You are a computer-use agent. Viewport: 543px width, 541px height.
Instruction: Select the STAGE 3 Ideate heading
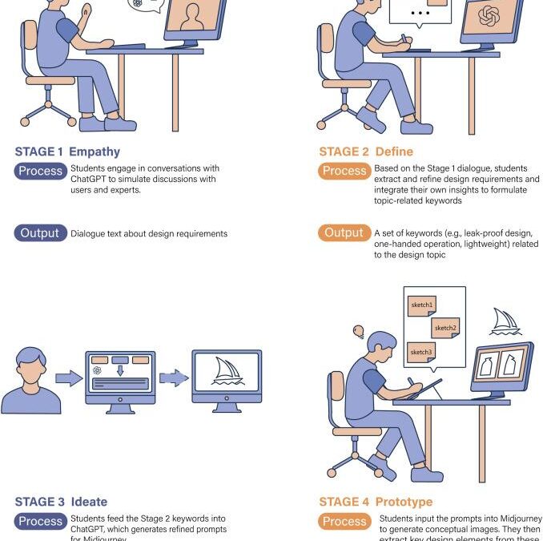pos(61,502)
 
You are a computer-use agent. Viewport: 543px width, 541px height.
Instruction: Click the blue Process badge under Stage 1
pos(40,171)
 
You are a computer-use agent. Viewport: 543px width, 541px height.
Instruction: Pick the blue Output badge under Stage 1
pos(40,233)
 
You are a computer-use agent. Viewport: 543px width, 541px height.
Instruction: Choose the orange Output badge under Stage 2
pos(344,233)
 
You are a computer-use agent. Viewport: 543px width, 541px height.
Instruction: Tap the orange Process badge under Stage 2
pos(344,171)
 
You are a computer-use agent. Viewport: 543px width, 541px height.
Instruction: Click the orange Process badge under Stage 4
pos(344,521)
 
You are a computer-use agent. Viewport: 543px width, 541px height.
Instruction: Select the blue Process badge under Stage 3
pos(40,521)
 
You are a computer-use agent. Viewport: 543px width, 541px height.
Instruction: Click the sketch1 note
pos(422,305)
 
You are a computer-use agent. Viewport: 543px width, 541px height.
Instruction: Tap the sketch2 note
pos(445,327)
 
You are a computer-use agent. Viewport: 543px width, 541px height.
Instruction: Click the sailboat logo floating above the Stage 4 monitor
pos(506,321)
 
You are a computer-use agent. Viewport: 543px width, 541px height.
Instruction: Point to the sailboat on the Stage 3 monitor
pos(227,373)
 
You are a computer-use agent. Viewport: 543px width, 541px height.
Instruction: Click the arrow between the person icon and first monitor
pos(70,377)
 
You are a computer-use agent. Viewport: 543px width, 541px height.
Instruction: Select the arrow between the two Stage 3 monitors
pos(172,377)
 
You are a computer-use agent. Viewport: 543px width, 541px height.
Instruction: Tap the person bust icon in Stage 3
pos(30,380)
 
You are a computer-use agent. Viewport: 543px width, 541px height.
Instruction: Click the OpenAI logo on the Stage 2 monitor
pos(489,16)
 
